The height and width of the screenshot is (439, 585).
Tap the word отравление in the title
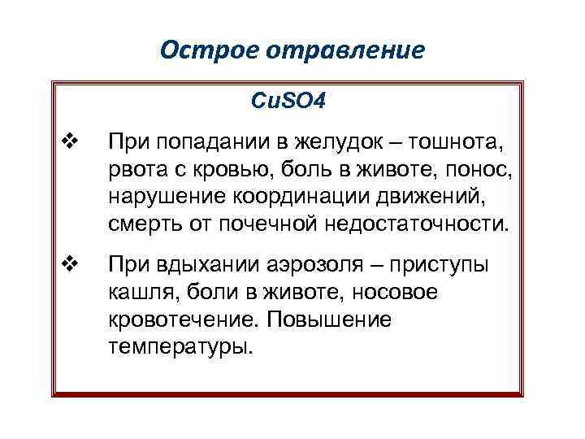[x=336, y=50]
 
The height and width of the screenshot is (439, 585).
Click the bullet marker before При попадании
[x=68, y=144]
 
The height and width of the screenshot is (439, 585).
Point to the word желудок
[x=322, y=144]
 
